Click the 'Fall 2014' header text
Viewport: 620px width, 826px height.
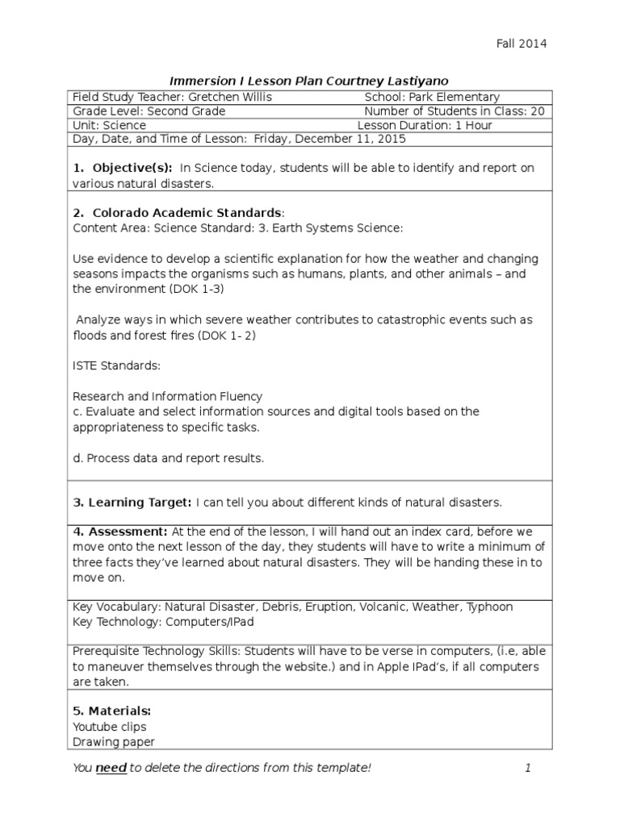(x=522, y=44)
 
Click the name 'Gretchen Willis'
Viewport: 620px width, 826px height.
(x=233, y=97)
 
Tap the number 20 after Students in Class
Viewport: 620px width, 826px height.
(x=538, y=111)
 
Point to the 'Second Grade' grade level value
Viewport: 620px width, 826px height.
(x=186, y=111)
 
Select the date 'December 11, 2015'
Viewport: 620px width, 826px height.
(x=350, y=139)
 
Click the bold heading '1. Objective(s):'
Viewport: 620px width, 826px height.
(x=123, y=168)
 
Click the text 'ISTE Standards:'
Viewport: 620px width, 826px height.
(x=116, y=365)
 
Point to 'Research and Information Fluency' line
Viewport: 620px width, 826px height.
(x=167, y=396)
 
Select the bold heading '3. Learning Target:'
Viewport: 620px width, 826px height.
(x=132, y=503)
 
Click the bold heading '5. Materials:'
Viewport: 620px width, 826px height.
(x=112, y=711)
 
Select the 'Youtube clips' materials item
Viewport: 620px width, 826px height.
(x=109, y=727)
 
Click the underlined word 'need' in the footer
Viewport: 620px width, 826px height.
(x=111, y=768)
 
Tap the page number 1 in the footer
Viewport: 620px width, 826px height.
(x=528, y=768)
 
